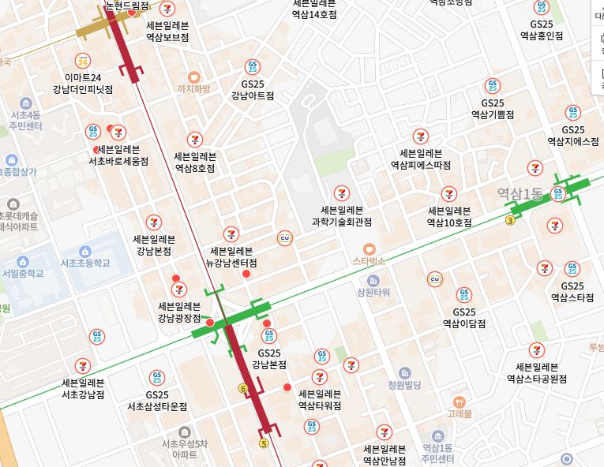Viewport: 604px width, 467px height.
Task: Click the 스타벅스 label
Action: coord(368,260)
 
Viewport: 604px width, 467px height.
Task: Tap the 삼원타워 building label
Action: coord(373,291)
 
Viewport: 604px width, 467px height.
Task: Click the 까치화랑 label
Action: coord(194,88)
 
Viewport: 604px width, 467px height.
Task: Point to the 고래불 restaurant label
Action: coord(458,413)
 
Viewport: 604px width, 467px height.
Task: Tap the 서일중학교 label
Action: coord(23,274)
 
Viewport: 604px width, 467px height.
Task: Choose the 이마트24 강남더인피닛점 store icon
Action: coord(84,61)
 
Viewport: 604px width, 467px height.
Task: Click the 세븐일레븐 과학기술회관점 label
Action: coord(342,216)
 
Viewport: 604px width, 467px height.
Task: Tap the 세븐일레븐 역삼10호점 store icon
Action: coord(449,193)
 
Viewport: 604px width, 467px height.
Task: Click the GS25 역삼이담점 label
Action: coord(464,318)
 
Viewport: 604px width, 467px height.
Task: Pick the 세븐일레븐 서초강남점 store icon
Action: coord(83,365)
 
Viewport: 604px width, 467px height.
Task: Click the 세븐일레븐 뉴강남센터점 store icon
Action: coord(231,233)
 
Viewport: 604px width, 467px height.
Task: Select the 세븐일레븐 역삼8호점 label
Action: coord(195,162)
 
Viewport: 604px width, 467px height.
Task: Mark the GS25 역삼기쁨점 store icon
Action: coord(493,86)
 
